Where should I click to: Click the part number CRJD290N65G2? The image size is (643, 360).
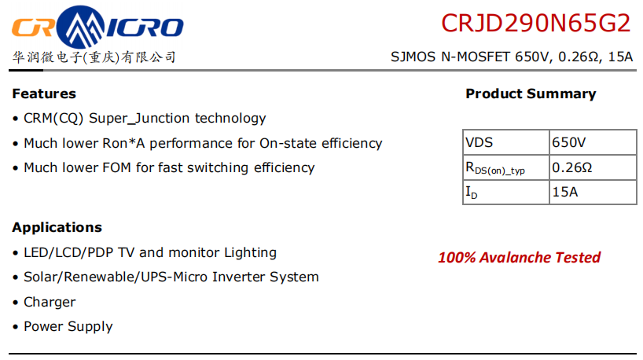coord(535,23)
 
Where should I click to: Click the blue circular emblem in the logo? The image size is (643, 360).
coord(80,27)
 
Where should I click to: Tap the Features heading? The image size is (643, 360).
coord(44,94)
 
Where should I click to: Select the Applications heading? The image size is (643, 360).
coord(57,228)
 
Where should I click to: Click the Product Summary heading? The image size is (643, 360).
coord(531,94)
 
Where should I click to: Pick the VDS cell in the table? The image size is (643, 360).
coord(506,142)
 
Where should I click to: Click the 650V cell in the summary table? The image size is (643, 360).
coord(593,142)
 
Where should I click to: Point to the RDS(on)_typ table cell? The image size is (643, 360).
coord(506,167)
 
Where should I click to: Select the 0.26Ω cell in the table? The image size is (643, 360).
coord(593,167)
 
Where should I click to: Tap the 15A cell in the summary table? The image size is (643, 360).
coord(593,192)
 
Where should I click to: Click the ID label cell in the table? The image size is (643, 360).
coord(506,192)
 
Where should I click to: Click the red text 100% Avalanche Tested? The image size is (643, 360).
coord(519,258)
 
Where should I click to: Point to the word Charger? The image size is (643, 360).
coord(50,302)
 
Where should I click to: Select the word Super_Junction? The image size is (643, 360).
coord(139,119)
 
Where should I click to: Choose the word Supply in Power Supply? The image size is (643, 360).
coord(90,327)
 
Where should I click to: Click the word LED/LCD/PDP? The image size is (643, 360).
coord(68,252)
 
